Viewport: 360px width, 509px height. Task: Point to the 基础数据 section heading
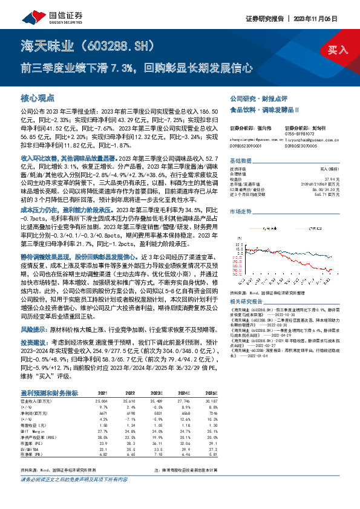[x=241, y=161]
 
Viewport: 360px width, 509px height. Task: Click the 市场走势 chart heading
[x=241, y=212]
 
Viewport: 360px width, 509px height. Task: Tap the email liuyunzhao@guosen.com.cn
[x=309, y=138]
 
